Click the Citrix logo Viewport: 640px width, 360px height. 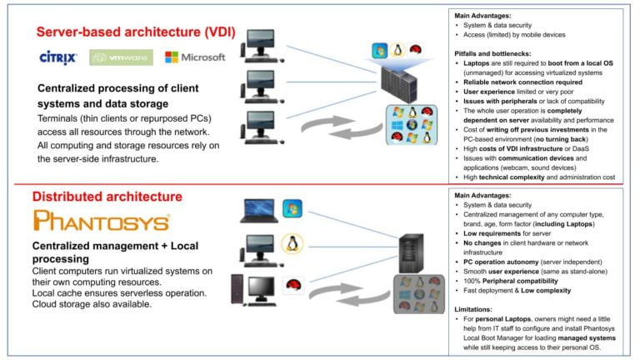point(58,57)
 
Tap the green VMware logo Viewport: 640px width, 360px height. point(121,58)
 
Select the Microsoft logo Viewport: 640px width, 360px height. point(195,57)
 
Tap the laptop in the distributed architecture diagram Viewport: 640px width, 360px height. point(258,211)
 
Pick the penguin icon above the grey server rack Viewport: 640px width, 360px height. point(398,51)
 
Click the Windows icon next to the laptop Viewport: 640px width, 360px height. point(292,208)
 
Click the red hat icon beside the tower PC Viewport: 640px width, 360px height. point(292,285)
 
